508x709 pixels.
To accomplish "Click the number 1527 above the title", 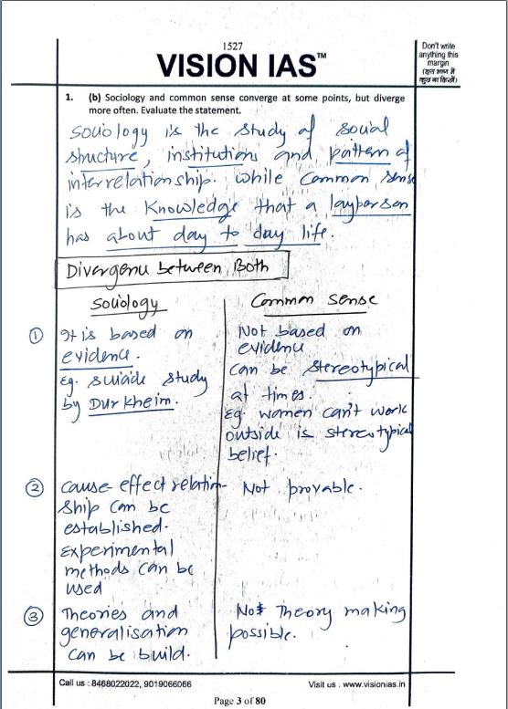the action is [x=233, y=45].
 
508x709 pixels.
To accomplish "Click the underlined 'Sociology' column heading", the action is [x=127, y=302].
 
